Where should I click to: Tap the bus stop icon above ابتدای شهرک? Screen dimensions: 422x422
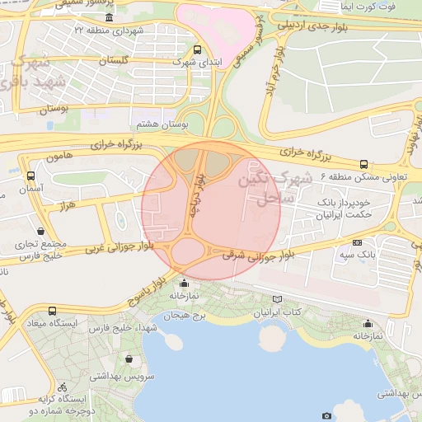pos(195,49)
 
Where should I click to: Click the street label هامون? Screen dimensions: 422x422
pos(61,155)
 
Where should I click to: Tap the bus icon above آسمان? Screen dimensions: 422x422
pos(31,176)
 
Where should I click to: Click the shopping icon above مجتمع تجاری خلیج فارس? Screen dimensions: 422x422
pos(41,232)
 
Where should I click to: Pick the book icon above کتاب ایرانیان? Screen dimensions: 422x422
pos(275,300)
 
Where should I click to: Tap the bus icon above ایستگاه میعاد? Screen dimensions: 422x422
pos(53,311)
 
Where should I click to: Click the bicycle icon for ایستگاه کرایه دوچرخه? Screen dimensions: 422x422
pos(63,386)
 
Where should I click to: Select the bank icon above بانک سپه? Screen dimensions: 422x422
pos(357,242)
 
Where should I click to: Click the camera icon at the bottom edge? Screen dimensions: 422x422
pos(326,416)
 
